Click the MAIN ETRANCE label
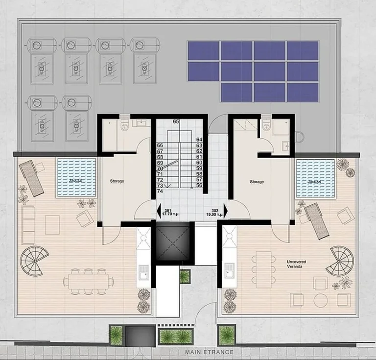(x=209, y=352)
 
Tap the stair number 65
(x=176, y=121)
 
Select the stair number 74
(x=160, y=192)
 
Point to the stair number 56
(x=199, y=186)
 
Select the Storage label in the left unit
(x=117, y=181)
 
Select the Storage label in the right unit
(x=257, y=182)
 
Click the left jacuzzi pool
(x=75, y=177)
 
